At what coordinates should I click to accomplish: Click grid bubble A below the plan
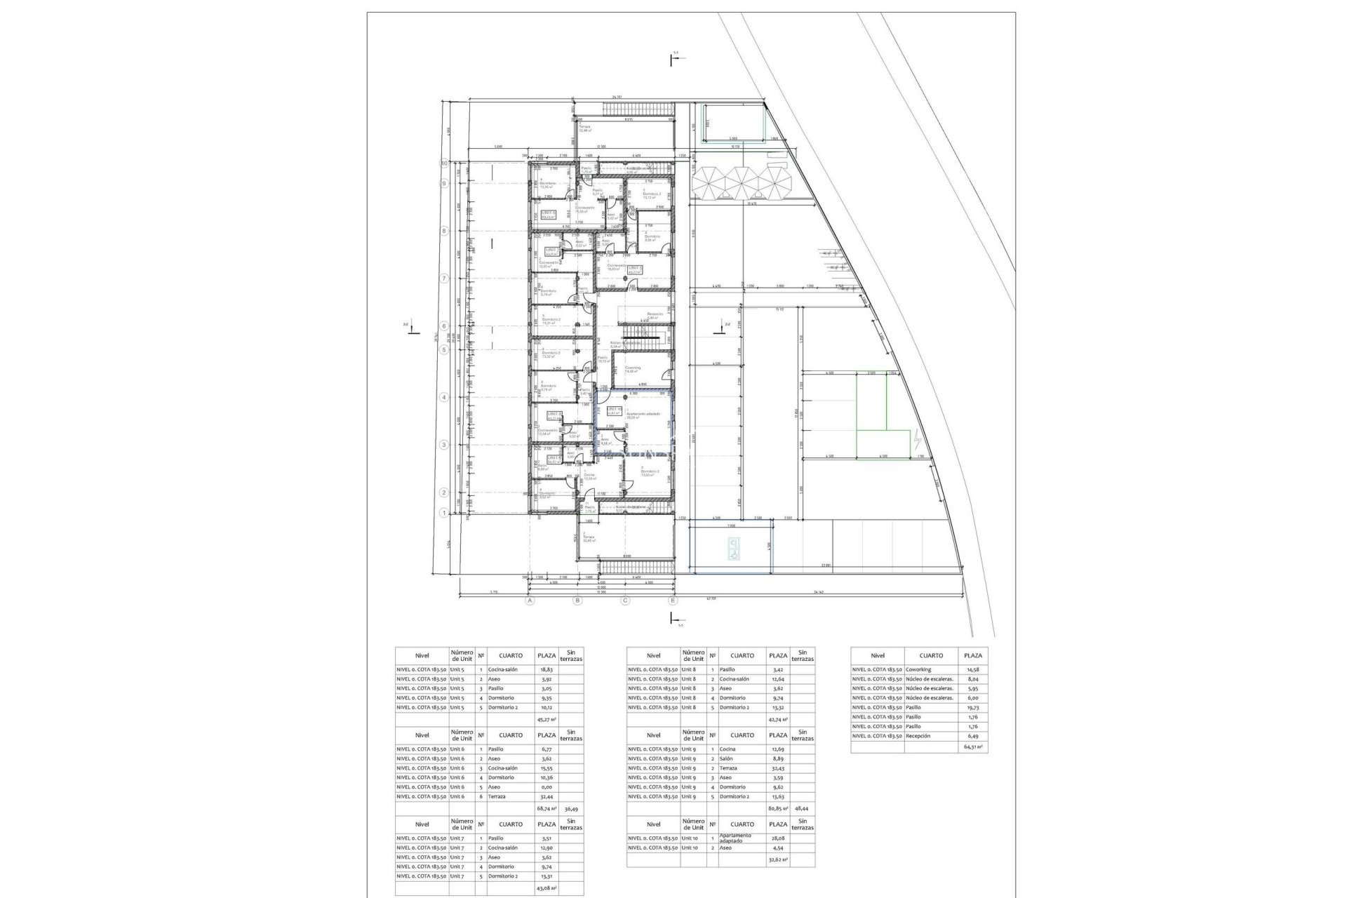point(530,601)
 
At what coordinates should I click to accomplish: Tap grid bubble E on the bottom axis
point(673,601)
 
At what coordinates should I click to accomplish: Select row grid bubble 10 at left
point(443,163)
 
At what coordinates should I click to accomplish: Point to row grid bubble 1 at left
point(443,513)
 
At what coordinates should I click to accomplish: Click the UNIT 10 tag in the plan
point(604,410)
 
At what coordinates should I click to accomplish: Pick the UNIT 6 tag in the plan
point(548,214)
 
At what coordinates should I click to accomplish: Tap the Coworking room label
point(634,368)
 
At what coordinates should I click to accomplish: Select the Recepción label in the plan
point(655,315)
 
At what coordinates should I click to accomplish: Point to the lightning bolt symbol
point(918,441)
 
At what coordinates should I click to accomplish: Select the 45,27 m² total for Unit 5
point(546,719)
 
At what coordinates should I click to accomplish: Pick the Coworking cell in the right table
point(918,670)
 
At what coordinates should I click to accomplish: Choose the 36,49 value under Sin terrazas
point(572,808)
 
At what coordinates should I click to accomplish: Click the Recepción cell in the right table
point(918,736)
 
